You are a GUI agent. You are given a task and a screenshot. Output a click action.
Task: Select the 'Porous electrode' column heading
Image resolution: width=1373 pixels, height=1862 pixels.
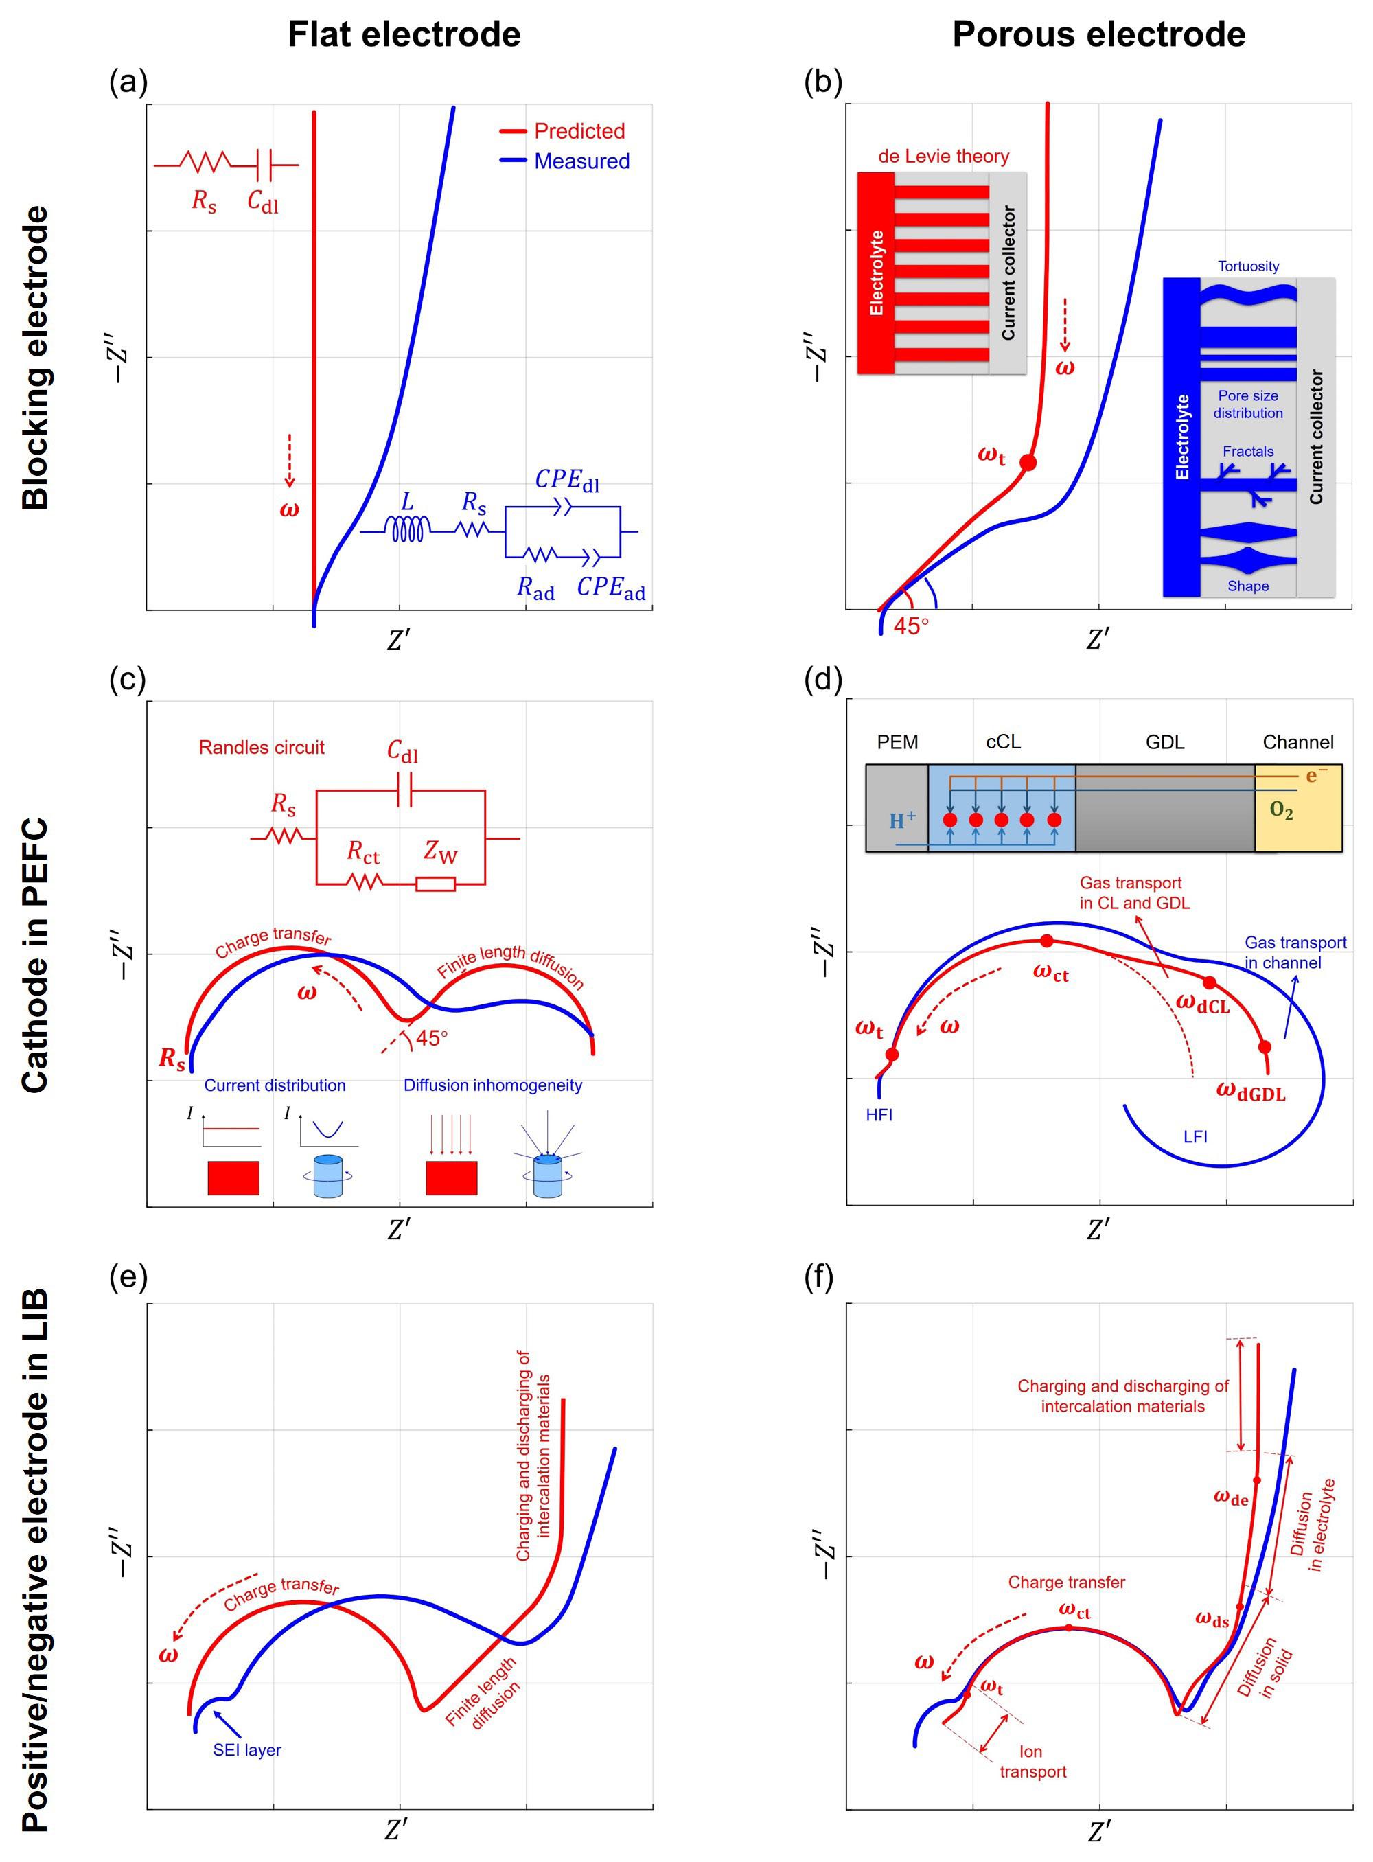1098,34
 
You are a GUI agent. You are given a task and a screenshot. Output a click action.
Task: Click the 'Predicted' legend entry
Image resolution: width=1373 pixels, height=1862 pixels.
579,130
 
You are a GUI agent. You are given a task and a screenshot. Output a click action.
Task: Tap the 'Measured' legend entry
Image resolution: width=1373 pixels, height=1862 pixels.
581,161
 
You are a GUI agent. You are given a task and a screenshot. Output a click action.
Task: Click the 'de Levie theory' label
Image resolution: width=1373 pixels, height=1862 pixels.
943,157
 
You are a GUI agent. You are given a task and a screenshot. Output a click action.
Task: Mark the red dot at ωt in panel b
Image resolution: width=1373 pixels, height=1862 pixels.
1028,462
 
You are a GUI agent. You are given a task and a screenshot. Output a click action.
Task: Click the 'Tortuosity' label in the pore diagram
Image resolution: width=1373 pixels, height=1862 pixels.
1247,266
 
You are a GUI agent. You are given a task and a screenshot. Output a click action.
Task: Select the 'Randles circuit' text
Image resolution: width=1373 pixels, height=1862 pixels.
261,747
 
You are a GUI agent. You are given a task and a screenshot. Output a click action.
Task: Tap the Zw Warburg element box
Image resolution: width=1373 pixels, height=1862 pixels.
435,884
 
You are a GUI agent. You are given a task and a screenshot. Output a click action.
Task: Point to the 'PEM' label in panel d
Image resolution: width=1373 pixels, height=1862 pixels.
898,742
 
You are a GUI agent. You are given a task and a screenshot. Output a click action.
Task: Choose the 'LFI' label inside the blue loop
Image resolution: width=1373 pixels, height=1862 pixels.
1195,1136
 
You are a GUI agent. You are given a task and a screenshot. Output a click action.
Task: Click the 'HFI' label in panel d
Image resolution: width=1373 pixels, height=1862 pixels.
879,1115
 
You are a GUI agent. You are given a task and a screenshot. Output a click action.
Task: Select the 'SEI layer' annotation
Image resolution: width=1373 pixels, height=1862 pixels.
247,1750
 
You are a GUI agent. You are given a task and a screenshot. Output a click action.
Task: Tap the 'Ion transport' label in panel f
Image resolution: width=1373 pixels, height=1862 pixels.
1032,1762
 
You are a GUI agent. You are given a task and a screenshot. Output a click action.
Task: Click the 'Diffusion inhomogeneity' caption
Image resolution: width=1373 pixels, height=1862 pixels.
493,1085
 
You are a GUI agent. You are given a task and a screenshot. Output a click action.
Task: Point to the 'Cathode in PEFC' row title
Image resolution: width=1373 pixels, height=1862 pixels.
35,955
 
